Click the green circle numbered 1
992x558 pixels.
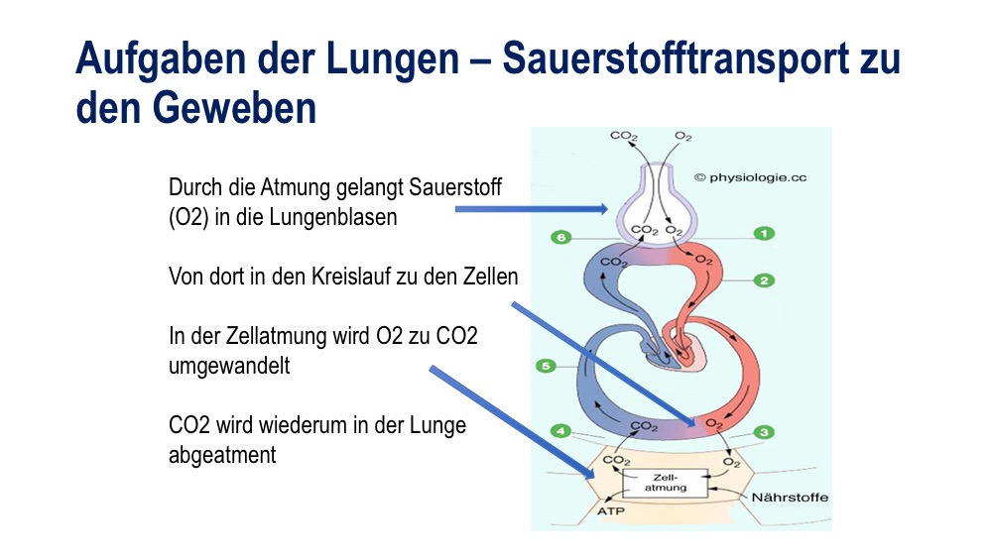click(x=764, y=234)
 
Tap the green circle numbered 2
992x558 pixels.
click(x=764, y=279)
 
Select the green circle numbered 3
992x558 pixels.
click(x=764, y=432)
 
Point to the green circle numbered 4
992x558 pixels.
click(x=560, y=431)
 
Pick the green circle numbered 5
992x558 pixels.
click(x=546, y=366)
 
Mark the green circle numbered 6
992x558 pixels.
click(x=560, y=238)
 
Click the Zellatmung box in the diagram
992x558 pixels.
click(x=665, y=483)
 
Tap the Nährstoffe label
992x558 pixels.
click(x=790, y=498)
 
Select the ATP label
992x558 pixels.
click(x=610, y=510)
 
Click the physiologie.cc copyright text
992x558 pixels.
click(x=750, y=177)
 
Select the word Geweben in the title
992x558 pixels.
click(x=233, y=107)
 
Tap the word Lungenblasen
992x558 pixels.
click(x=333, y=217)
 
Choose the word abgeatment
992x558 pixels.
click(x=222, y=455)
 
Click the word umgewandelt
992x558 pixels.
click(x=229, y=366)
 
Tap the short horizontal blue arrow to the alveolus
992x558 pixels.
click(x=532, y=208)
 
